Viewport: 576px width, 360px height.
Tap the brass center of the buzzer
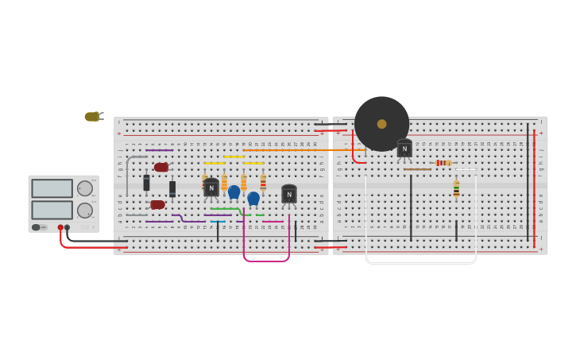(381, 124)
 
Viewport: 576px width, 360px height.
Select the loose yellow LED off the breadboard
(92, 117)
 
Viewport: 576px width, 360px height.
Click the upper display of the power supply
(52, 188)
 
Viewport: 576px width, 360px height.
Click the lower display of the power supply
(52, 210)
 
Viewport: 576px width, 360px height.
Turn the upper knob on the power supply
(84, 188)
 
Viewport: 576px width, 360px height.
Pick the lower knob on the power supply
(84, 211)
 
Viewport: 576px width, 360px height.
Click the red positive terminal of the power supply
(60, 227)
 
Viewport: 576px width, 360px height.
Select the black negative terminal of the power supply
(67, 227)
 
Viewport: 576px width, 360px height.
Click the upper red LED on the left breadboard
(161, 168)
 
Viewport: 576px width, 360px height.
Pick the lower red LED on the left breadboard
(158, 204)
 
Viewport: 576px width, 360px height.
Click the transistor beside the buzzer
(404, 149)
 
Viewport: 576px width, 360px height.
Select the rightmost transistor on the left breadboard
(289, 194)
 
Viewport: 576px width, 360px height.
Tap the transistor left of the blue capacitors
(211, 188)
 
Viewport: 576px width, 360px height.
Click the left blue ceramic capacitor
(234, 192)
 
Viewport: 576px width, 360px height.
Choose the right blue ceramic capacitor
(253, 198)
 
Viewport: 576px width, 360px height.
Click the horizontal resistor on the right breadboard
(443, 163)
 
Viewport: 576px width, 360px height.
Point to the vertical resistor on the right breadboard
(456, 189)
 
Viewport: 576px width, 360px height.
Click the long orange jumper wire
(302, 149)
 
